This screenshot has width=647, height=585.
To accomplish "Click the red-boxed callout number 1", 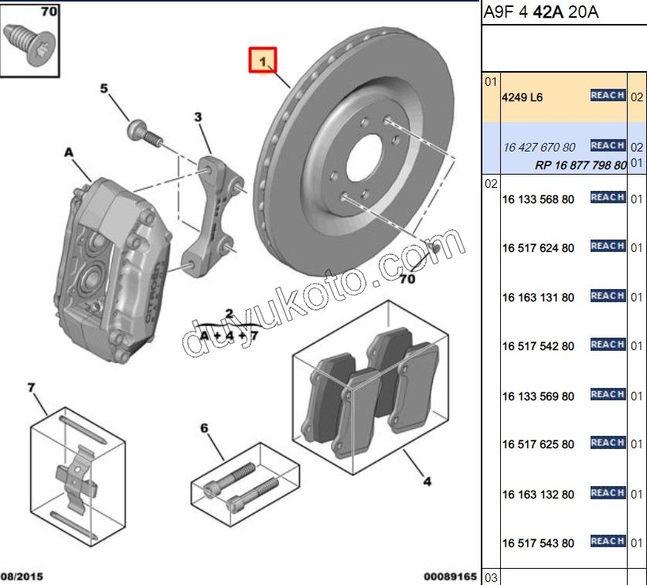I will (x=261, y=60).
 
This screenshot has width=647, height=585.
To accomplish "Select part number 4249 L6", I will (x=523, y=97).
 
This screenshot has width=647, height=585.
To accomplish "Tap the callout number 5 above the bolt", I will (x=104, y=89).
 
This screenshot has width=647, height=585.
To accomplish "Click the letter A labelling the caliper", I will (x=68, y=154).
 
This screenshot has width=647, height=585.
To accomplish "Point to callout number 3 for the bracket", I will (x=198, y=117).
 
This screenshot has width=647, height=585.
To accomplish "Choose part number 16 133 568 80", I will (x=538, y=199).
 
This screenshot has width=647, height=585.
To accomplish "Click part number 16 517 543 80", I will (x=538, y=543).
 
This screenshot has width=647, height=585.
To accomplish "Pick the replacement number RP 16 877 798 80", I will (x=580, y=165).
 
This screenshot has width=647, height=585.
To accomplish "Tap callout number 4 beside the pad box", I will (x=427, y=482).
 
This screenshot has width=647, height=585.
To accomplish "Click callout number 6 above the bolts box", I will (x=204, y=428).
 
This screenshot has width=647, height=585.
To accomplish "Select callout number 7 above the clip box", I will (x=32, y=387).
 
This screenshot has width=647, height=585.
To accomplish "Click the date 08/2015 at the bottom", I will (x=22, y=576).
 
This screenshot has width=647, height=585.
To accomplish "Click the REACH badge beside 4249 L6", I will (x=608, y=95).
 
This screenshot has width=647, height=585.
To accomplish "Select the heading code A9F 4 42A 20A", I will (x=541, y=12).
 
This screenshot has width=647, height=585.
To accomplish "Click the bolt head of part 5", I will (x=138, y=128).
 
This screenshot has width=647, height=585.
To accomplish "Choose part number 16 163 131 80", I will (x=538, y=298).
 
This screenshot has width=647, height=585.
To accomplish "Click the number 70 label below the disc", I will (x=408, y=280).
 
